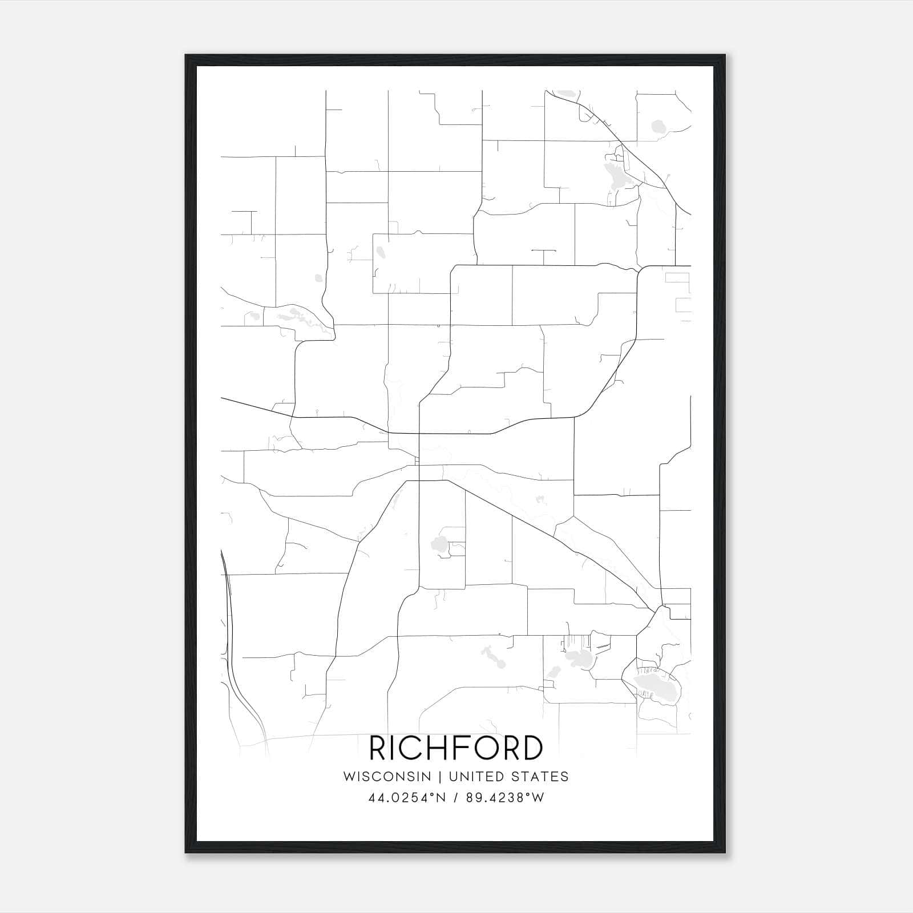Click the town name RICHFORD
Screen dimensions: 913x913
(x=456, y=748)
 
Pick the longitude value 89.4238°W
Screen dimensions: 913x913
(x=505, y=798)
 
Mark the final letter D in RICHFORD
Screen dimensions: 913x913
(x=532, y=748)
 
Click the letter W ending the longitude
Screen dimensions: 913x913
(x=538, y=798)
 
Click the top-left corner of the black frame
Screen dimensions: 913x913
(x=186, y=56)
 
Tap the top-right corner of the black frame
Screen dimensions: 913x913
(x=725, y=56)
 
